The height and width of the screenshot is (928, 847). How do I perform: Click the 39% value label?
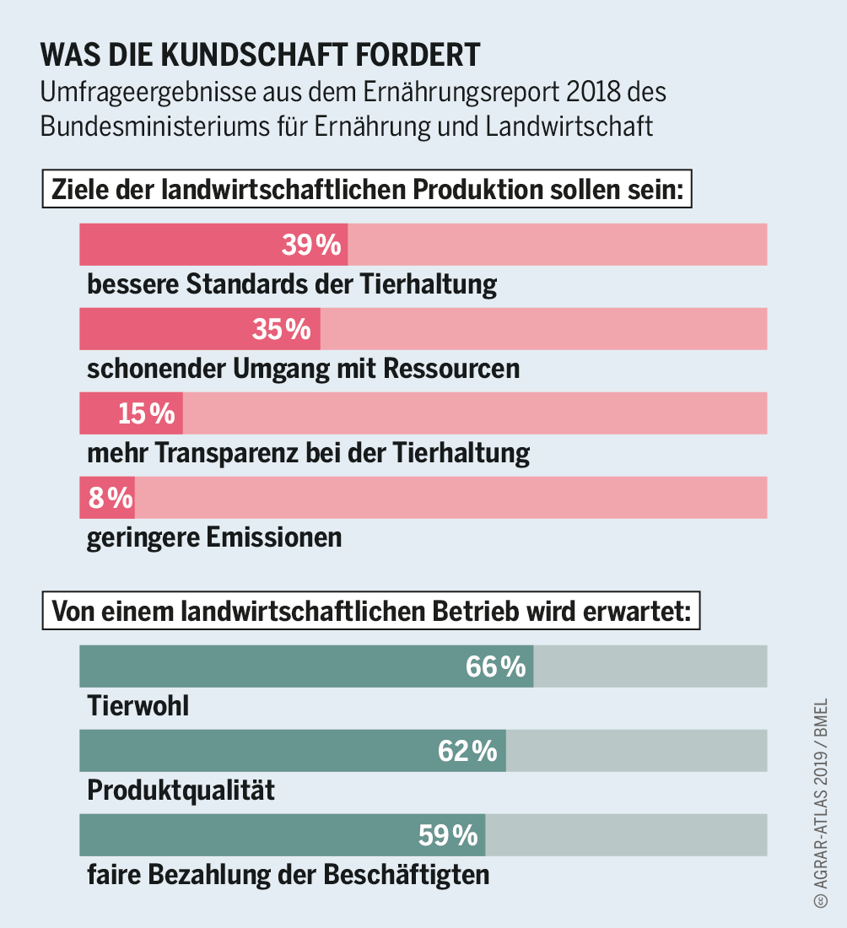click(311, 245)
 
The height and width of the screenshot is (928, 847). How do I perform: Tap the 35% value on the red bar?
click(282, 329)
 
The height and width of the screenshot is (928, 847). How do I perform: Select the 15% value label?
click(147, 413)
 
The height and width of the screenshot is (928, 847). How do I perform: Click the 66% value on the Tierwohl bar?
click(495, 666)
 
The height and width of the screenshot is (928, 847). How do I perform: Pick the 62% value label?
click(467, 751)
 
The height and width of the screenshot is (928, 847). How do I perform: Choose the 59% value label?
click(448, 835)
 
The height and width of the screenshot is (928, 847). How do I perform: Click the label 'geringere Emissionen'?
click(214, 537)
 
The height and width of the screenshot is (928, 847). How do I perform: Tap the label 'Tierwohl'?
click(138, 706)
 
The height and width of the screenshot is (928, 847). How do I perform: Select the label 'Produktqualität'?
click(181, 790)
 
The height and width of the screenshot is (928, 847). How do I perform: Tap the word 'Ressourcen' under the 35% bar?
click(451, 369)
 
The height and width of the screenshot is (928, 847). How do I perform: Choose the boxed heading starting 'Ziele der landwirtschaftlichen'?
click(367, 190)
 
